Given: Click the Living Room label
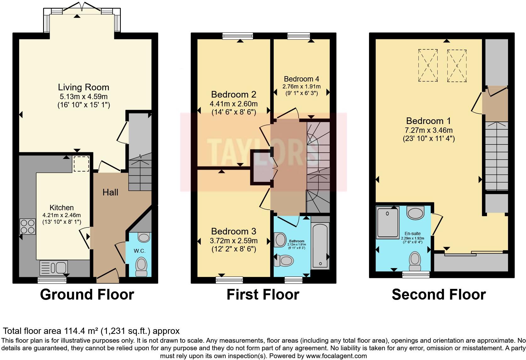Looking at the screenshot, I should click(x=83, y=87).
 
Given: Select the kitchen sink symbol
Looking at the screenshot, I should click(x=53, y=268).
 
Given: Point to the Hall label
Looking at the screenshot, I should click(x=110, y=192).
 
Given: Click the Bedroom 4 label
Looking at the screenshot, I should click(x=301, y=79).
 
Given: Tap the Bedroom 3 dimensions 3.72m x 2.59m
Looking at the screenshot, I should click(x=234, y=241).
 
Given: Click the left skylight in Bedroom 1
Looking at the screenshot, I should click(x=428, y=66).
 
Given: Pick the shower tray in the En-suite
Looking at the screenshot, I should click(x=388, y=223).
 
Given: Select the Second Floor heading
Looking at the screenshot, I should click(x=439, y=295).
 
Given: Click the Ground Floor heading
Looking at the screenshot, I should click(x=87, y=295).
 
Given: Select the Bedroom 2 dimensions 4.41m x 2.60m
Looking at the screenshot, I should click(x=234, y=104).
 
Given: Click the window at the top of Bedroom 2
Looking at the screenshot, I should click(x=238, y=36).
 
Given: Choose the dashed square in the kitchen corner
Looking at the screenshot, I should click(x=81, y=164).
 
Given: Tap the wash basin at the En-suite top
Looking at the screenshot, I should click(x=415, y=213).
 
